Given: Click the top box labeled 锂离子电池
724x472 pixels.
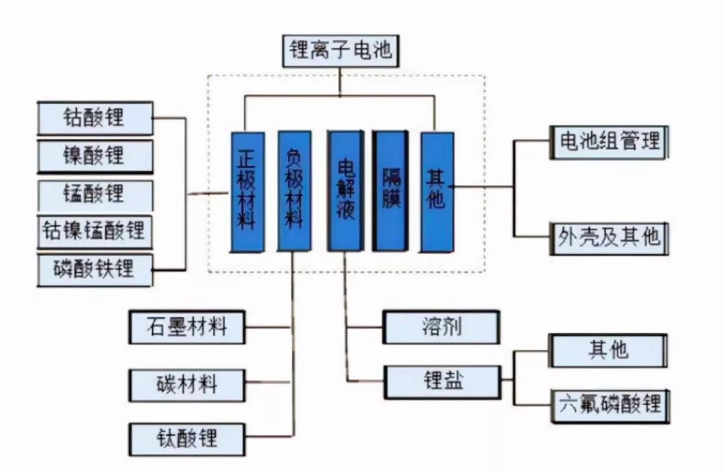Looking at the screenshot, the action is tap(341, 51).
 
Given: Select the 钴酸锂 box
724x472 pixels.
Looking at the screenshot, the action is tap(95, 118).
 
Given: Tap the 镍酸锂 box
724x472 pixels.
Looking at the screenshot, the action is tap(95, 157).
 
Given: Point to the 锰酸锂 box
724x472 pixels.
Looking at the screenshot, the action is tap(95, 195).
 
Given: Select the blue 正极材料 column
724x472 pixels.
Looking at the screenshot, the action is tap(247, 192).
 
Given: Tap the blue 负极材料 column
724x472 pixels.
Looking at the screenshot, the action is tap(294, 191).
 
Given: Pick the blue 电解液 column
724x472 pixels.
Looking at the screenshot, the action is tap(345, 190).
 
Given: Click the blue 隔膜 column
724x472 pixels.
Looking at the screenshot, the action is tap(391, 190).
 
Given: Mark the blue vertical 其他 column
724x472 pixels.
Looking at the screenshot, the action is tap(437, 192).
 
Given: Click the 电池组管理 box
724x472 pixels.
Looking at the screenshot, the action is tap(609, 142).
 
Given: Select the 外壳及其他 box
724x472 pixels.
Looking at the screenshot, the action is tap(609, 238).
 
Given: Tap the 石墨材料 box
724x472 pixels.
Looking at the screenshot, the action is tap(187, 327).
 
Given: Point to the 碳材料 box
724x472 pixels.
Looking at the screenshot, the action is tap(187, 385).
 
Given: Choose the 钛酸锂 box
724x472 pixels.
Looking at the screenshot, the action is tap(187, 439).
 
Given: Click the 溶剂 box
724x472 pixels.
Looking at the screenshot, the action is tap(441, 327).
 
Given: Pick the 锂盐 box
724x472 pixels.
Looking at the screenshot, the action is tap(443, 382).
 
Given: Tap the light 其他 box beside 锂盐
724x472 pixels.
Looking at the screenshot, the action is tap(608, 351).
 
